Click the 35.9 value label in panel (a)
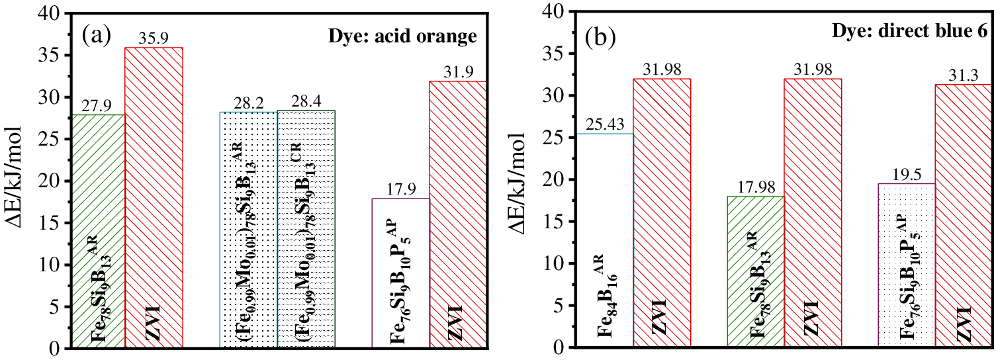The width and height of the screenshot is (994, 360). point(154,40)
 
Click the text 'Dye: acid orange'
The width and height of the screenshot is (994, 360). point(402,37)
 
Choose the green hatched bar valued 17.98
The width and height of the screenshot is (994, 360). point(755,271)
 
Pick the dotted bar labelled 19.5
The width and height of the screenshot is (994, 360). point(906,265)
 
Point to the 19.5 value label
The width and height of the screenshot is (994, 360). point(906,175)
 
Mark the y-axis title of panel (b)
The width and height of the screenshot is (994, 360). point(523,181)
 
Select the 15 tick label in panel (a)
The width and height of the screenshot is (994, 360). point(52,222)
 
